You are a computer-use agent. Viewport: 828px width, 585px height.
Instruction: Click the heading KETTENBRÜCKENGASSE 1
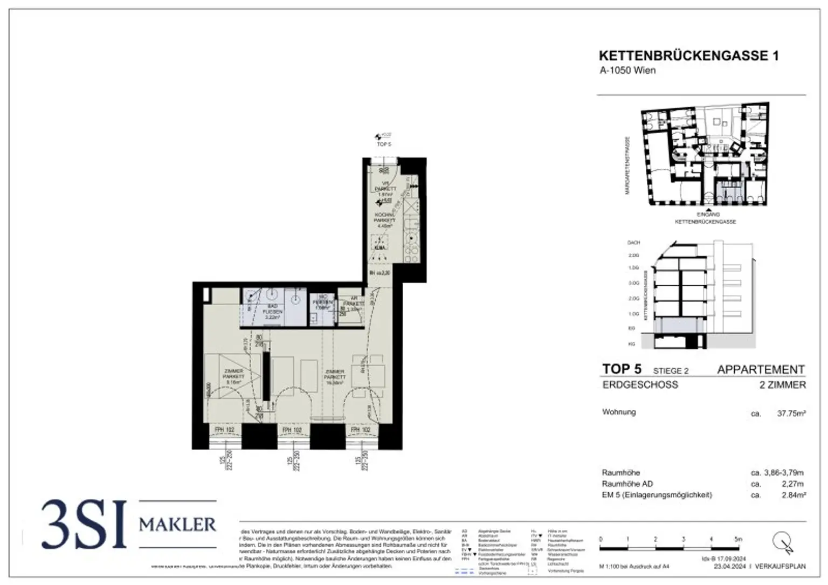coord(688,56)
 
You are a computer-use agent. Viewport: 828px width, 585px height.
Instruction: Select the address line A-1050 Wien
coord(627,71)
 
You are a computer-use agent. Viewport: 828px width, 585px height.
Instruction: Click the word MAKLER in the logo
coord(177,524)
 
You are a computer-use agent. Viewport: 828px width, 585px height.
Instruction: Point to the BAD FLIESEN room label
coord(272,312)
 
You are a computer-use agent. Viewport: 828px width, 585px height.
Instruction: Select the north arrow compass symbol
coord(782,541)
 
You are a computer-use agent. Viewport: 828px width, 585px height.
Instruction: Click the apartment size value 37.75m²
coord(791,414)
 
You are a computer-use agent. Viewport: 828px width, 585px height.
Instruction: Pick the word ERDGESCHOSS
coord(640,385)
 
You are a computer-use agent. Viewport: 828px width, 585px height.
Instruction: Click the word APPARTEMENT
coord(761,370)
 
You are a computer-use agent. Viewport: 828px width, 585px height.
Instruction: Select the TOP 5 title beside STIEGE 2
coord(622,369)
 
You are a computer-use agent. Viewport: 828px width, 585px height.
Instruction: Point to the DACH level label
coord(633,243)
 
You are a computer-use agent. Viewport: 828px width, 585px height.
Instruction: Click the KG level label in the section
coord(632,343)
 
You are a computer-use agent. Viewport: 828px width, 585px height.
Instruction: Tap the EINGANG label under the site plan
coord(708,215)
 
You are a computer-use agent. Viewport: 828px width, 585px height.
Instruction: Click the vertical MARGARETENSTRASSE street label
coord(627,165)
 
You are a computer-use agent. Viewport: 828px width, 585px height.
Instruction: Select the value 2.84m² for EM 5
coord(793,495)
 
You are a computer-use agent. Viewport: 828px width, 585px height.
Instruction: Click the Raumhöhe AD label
coord(627,484)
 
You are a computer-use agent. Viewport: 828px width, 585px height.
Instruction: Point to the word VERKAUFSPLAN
coord(780,567)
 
